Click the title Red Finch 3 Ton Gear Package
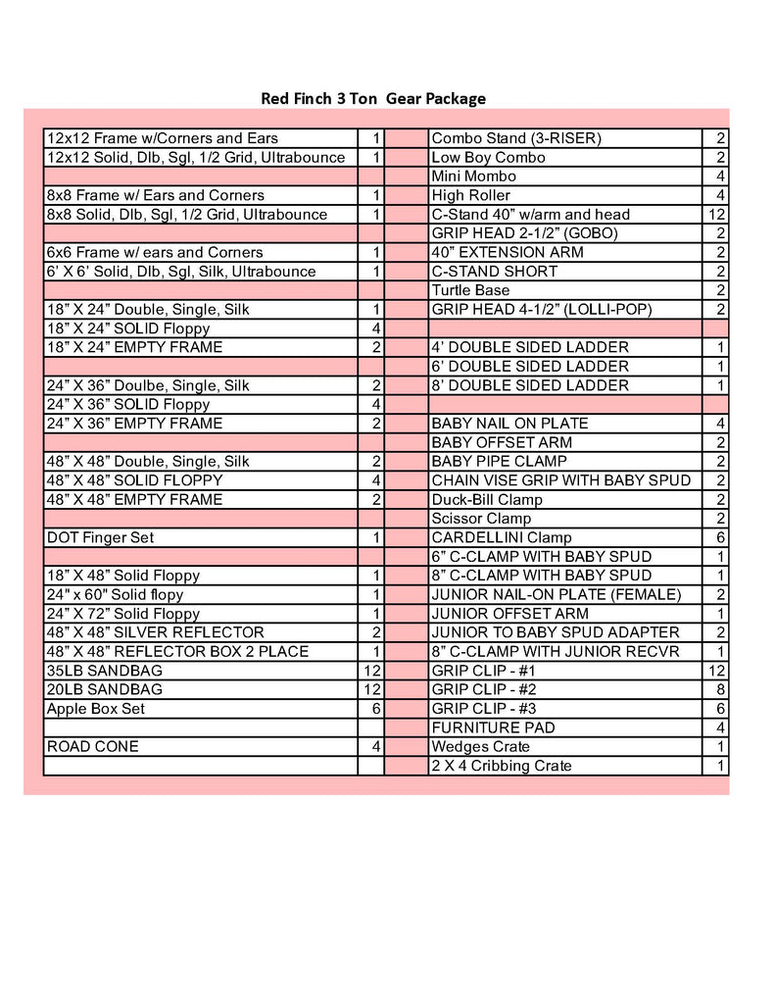tap(372, 98)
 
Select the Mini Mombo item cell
tap(473, 176)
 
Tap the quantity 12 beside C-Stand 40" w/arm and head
tap(716, 215)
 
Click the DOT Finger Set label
tap(100, 537)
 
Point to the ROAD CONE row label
tap(93, 746)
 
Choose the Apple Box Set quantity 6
tap(375, 709)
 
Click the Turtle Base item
tap(470, 290)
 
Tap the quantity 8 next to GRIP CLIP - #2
tap(720, 689)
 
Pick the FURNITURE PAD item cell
tap(493, 728)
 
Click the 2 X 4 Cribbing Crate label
tap(502, 766)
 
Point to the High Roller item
tap(470, 195)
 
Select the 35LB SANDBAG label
tap(105, 671)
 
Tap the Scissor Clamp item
tap(481, 519)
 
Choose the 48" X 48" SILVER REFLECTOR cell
tap(155, 632)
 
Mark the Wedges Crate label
tap(481, 747)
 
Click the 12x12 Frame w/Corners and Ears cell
tap(162, 138)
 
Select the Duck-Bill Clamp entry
tap(487, 500)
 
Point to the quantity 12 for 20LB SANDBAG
tap(373, 689)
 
